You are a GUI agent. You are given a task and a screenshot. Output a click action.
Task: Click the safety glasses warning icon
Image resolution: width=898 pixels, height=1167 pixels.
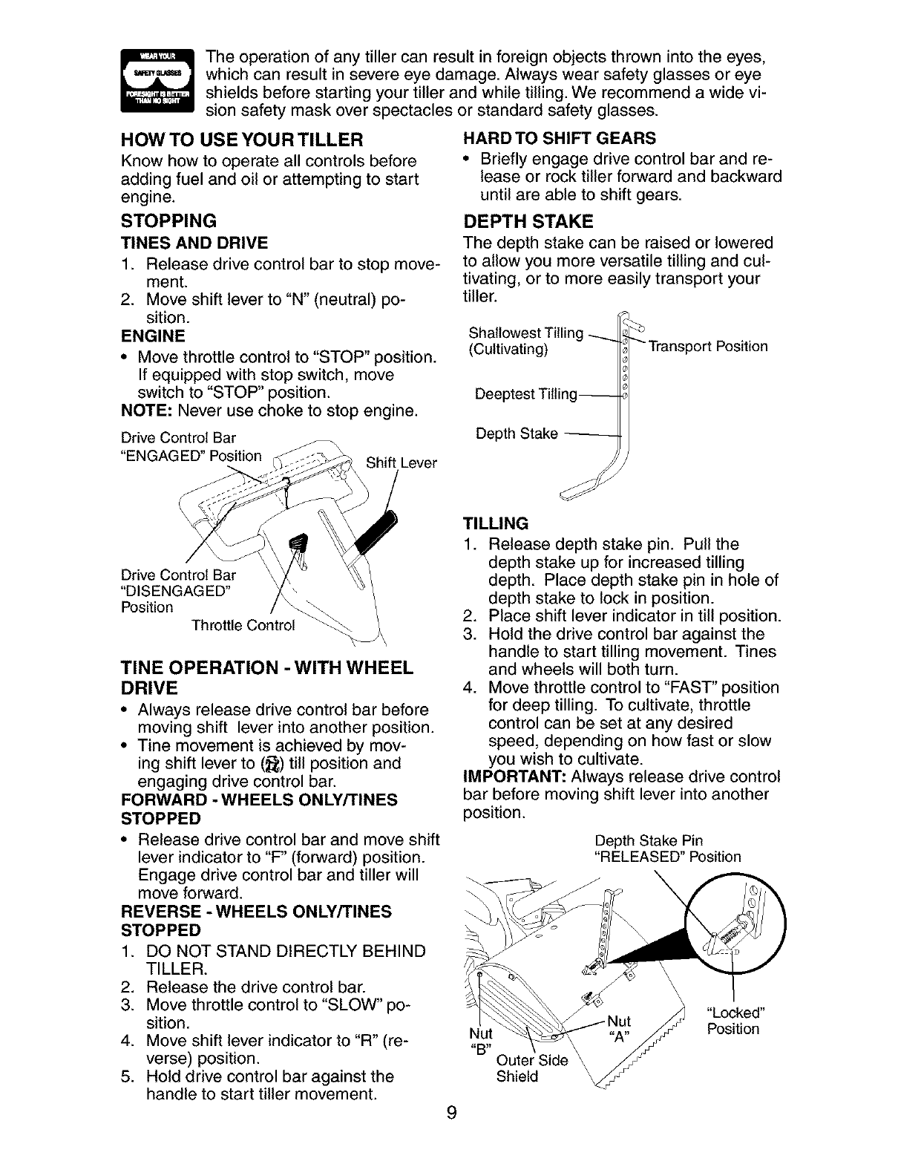coord(156,80)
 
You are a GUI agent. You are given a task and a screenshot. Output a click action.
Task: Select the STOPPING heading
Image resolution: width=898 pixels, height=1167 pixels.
coord(169,220)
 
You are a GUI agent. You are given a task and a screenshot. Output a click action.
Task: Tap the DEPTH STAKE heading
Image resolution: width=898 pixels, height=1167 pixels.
coord(528,221)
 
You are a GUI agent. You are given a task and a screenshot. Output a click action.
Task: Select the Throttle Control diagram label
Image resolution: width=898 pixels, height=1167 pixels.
coord(243,624)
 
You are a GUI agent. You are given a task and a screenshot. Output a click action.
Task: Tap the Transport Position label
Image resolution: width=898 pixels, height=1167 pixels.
coord(708,347)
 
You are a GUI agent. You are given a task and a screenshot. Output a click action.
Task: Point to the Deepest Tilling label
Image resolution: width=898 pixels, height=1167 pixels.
coord(525,394)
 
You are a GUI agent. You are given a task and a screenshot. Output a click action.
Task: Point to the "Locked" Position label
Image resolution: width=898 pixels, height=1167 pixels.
coord(735,1021)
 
